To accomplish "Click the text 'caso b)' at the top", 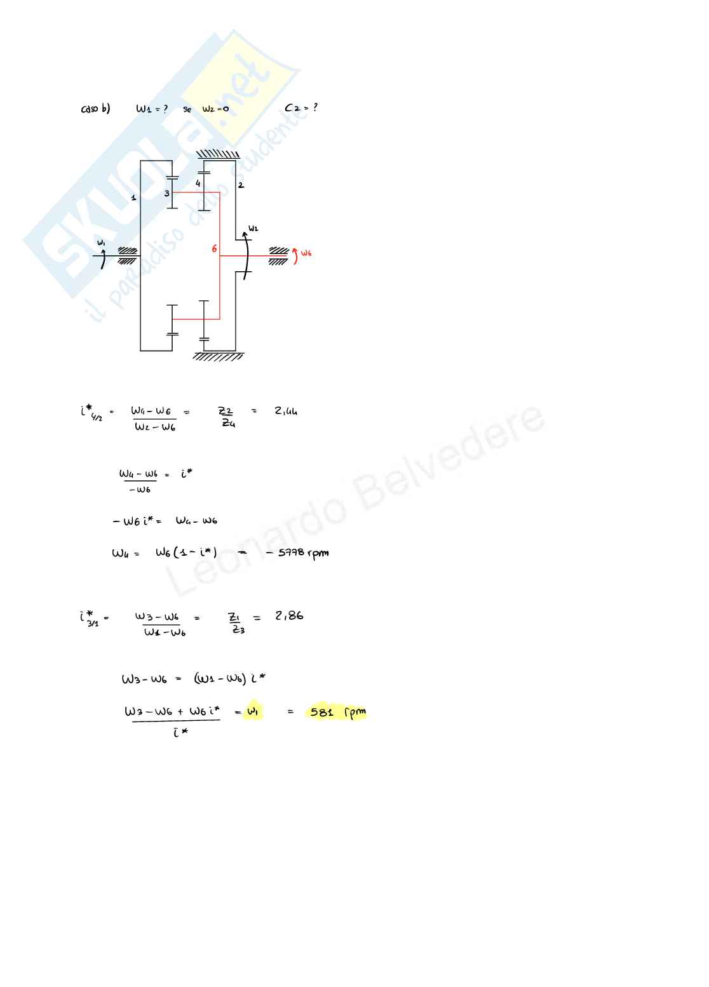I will [x=95, y=109].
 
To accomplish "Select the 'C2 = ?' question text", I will [x=301, y=108].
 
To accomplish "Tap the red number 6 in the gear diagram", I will [x=214, y=249].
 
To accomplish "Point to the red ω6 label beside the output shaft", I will [x=306, y=253].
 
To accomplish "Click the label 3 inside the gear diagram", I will [x=167, y=193].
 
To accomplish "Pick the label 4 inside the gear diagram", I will [x=198, y=183].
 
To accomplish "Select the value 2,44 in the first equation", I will [x=286, y=411].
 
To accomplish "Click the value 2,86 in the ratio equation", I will [x=289, y=615].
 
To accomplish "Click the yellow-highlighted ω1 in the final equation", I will [x=252, y=712].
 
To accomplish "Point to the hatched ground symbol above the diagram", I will [x=218, y=154].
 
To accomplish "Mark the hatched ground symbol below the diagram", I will [x=218, y=356].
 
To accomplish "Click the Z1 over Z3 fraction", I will [x=237, y=622].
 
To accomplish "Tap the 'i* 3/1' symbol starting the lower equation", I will [x=90, y=619].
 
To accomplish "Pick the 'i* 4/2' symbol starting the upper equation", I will [x=90, y=413].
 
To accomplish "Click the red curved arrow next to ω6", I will [x=295, y=255].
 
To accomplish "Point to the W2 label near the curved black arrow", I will [x=253, y=228].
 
